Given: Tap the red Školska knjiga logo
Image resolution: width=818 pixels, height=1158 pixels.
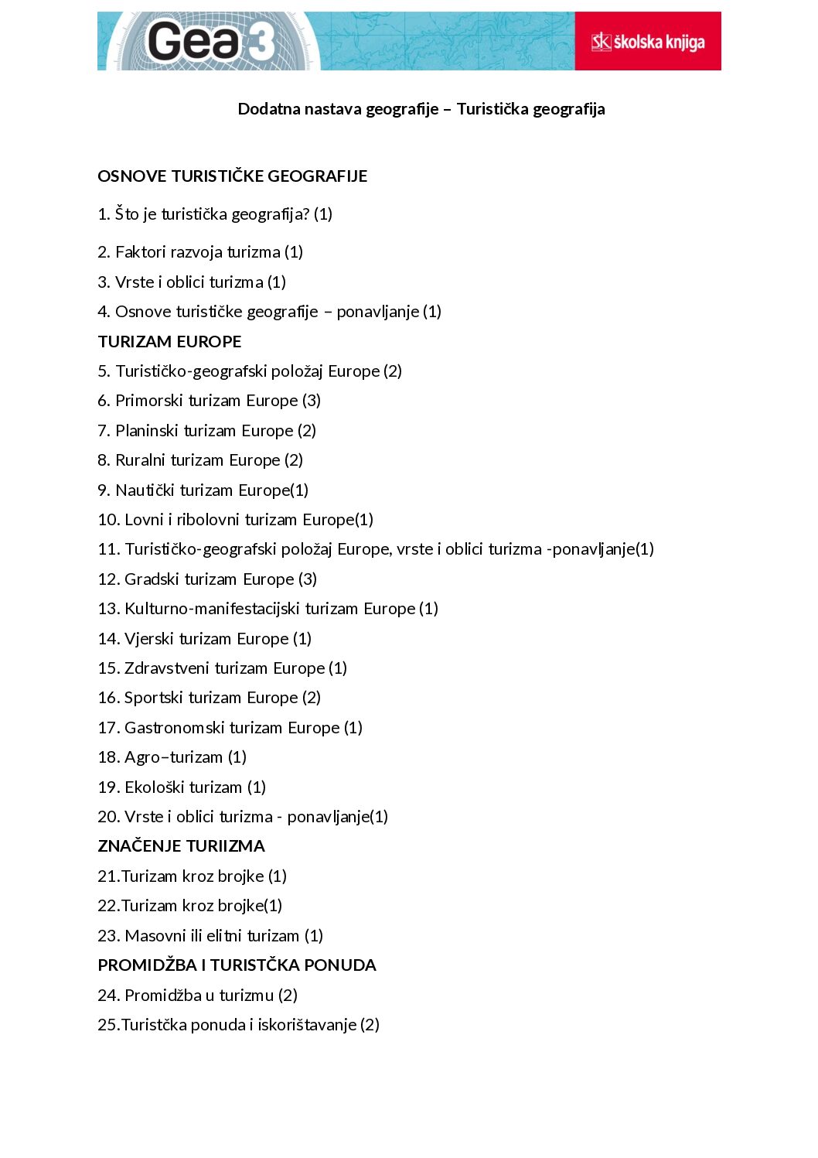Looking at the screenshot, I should (x=648, y=42).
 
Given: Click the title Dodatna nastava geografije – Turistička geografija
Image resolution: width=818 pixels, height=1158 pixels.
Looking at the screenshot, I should (x=421, y=109).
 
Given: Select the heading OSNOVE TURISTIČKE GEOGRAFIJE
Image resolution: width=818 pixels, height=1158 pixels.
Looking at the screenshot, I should (x=232, y=176).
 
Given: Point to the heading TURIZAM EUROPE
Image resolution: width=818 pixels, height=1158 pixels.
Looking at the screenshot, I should (x=169, y=342).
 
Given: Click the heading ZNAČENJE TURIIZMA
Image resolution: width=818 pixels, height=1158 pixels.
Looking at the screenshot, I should (x=181, y=846).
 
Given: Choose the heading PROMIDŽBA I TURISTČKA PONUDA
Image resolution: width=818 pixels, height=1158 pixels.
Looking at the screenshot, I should (x=237, y=965).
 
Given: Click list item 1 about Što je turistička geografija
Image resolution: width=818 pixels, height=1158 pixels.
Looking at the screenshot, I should (x=215, y=214).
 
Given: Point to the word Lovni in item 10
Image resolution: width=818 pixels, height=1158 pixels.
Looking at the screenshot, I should (x=144, y=520).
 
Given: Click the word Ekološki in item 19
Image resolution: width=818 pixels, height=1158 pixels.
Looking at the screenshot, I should (x=154, y=787).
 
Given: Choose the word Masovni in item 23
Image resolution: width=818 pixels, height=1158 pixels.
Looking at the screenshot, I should (x=155, y=936).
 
